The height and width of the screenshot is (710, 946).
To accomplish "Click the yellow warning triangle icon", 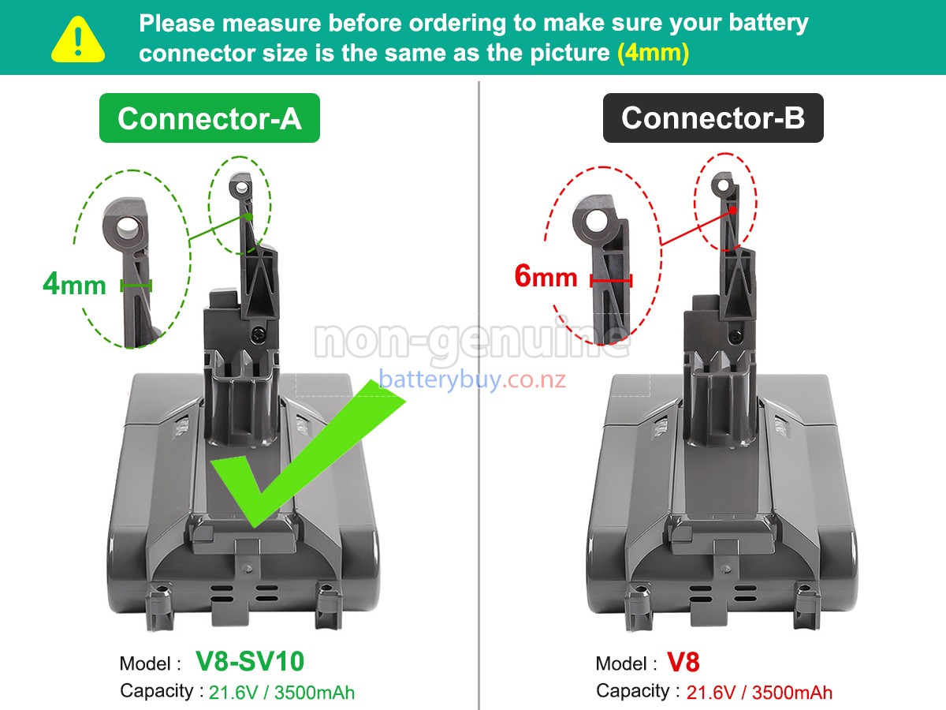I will pyautogui.click(x=77, y=40).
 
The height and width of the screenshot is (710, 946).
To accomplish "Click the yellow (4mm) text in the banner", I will pyautogui.click(x=653, y=53).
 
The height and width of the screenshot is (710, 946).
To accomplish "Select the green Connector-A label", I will pyautogui.click(x=209, y=118).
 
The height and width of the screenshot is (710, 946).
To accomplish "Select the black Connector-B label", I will pyautogui.click(x=713, y=118).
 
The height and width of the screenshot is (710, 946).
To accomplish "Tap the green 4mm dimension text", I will pyautogui.click(x=74, y=284).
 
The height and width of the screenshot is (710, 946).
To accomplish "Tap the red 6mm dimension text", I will pyautogui.click(x=546, y=277).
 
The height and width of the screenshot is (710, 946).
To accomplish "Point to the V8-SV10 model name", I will pyautogui.click(x=250, y=661).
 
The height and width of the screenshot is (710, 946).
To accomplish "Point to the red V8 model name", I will pyautogui.click(x=683, y=662).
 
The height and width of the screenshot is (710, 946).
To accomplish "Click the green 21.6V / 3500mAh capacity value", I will pyautogui.click(x=281, y=693).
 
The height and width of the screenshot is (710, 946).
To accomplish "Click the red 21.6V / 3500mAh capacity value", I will pyautogui.click(x=759, y=693).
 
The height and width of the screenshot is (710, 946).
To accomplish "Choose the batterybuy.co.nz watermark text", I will pyautogui.click(x=472, y=380).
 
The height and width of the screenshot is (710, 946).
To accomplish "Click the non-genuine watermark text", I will pyautogui.click(x=471, y=340).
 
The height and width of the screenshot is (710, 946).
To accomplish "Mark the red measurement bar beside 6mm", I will pyautogui.click(x=611, y=279).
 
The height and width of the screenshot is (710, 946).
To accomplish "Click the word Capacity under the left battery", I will pyautogui.click(x=156, y=691).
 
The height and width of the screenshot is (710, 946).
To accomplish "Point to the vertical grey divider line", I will pyautogui.click(x=479, y=394).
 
